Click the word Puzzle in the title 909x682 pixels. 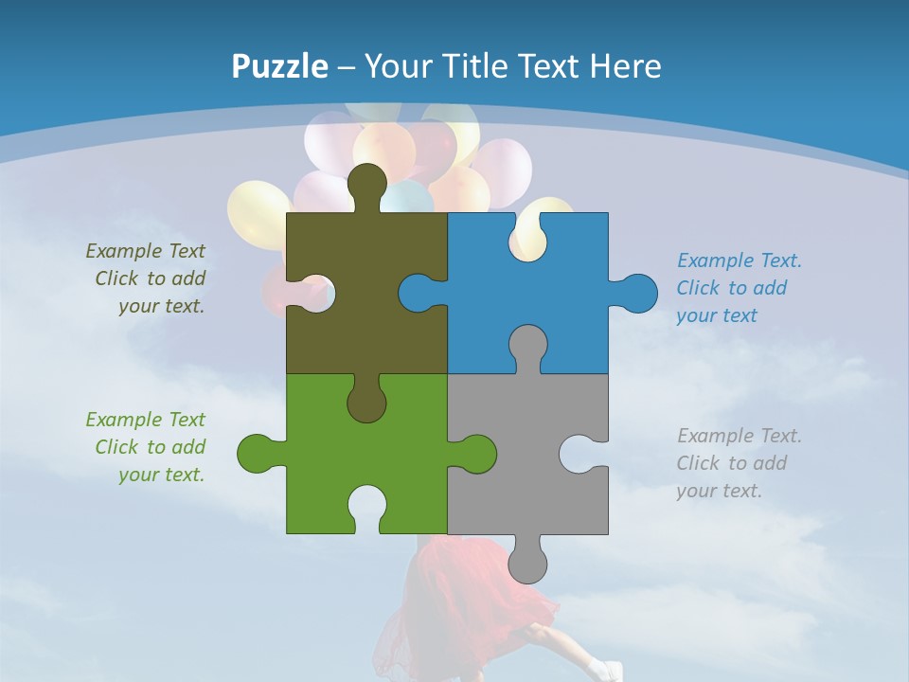click(x=280, y=66)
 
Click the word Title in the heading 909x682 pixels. click(x=471, y=66)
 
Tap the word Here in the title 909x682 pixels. click(x=625, y=66)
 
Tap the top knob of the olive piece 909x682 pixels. click(x=367, y=185)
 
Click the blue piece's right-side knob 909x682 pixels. click(x=636, y=293)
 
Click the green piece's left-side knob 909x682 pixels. click(x=258, y=453)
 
